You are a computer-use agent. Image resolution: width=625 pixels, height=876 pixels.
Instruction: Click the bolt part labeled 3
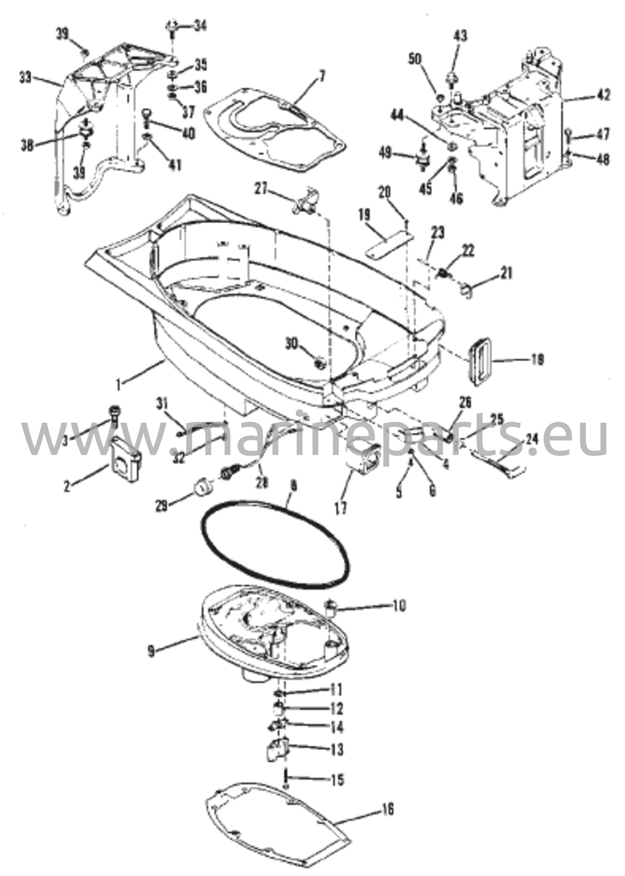click(115, 414)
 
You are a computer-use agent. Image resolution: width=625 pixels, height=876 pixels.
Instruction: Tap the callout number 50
click(414, 59)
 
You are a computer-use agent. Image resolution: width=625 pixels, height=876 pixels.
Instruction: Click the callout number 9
click(152, 651)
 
